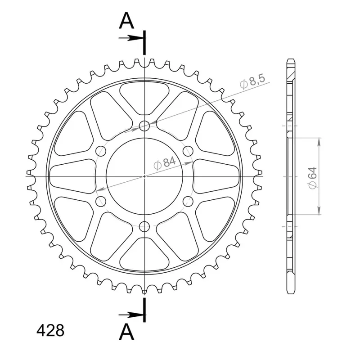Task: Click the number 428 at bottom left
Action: (50, 330)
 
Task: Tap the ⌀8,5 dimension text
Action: (252, 81)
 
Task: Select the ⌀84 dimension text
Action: (165, 163)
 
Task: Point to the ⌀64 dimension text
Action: (313, 178)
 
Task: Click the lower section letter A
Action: (126, 332)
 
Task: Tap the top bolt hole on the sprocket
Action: (144, 126)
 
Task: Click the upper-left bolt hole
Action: (101, 151)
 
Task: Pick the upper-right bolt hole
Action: (188, 151)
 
